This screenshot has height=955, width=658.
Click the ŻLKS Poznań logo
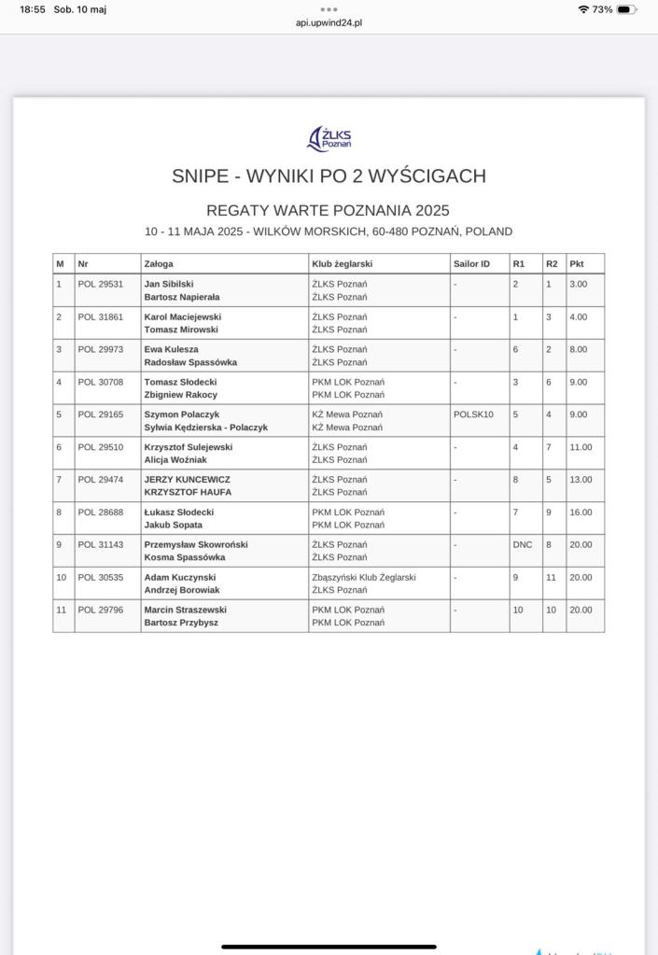pos(329,139)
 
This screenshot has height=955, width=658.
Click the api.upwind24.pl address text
pos(329,23)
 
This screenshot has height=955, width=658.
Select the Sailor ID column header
pos(471,264)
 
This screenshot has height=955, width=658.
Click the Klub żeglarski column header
pos(342,264)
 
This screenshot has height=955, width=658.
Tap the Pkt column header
pos(577,264)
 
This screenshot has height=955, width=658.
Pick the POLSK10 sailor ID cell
pos(473,414)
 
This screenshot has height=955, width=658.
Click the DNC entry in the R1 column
pos(523,545)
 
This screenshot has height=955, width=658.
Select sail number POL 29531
pos(100,284)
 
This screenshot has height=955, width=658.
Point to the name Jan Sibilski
pos(169,284)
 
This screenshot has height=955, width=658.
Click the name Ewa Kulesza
pos(171,349)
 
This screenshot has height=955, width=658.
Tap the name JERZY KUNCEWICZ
pos(187,480)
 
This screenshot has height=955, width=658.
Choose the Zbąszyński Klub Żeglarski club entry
pos(364,578)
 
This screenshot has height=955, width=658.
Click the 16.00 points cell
pos(581,513)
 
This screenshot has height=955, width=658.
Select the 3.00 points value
pos(578,284)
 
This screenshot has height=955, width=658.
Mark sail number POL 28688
pos(100,513)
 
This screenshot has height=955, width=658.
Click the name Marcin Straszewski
pos(185,611)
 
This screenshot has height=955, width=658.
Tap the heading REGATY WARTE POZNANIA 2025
pos(328,211)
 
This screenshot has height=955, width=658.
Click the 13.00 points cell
pos(581,480)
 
